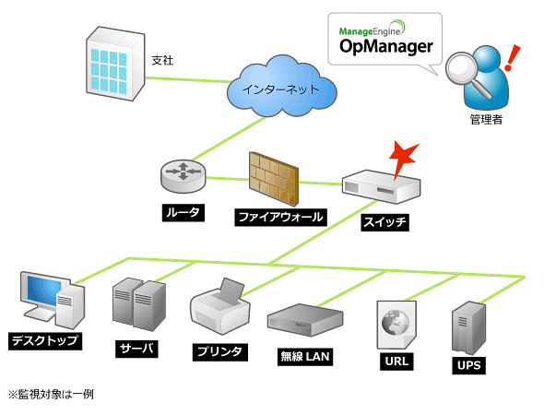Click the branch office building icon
coord(115,64)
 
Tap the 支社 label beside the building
coord(162,60)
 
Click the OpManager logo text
coord(386,46)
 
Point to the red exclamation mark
coord(512,57)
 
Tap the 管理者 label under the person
coord(486,120)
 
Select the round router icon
coord(183,175)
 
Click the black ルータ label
coord(183,213)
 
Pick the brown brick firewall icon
coord(274,178)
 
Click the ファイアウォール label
coord(280,218)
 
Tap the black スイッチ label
coord(385,222)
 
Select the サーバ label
coord(136,349)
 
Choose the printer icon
coord(220,307)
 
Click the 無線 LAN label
coord(305,357)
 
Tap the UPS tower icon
coord(468,328)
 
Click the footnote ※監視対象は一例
coord(51,395)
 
